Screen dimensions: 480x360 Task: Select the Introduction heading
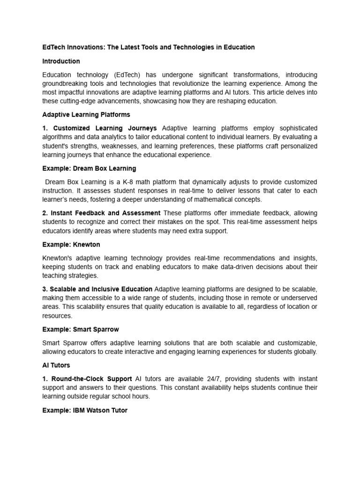[61, 61]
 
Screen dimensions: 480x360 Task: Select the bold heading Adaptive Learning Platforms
[86, 114]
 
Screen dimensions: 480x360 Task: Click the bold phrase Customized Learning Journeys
[105, 128]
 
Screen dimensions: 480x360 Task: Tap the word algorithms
[58, 137]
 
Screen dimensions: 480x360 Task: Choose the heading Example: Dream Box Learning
[89, 168]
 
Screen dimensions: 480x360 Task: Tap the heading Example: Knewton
[71, 245]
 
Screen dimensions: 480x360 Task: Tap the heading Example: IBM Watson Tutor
[85, 410]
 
